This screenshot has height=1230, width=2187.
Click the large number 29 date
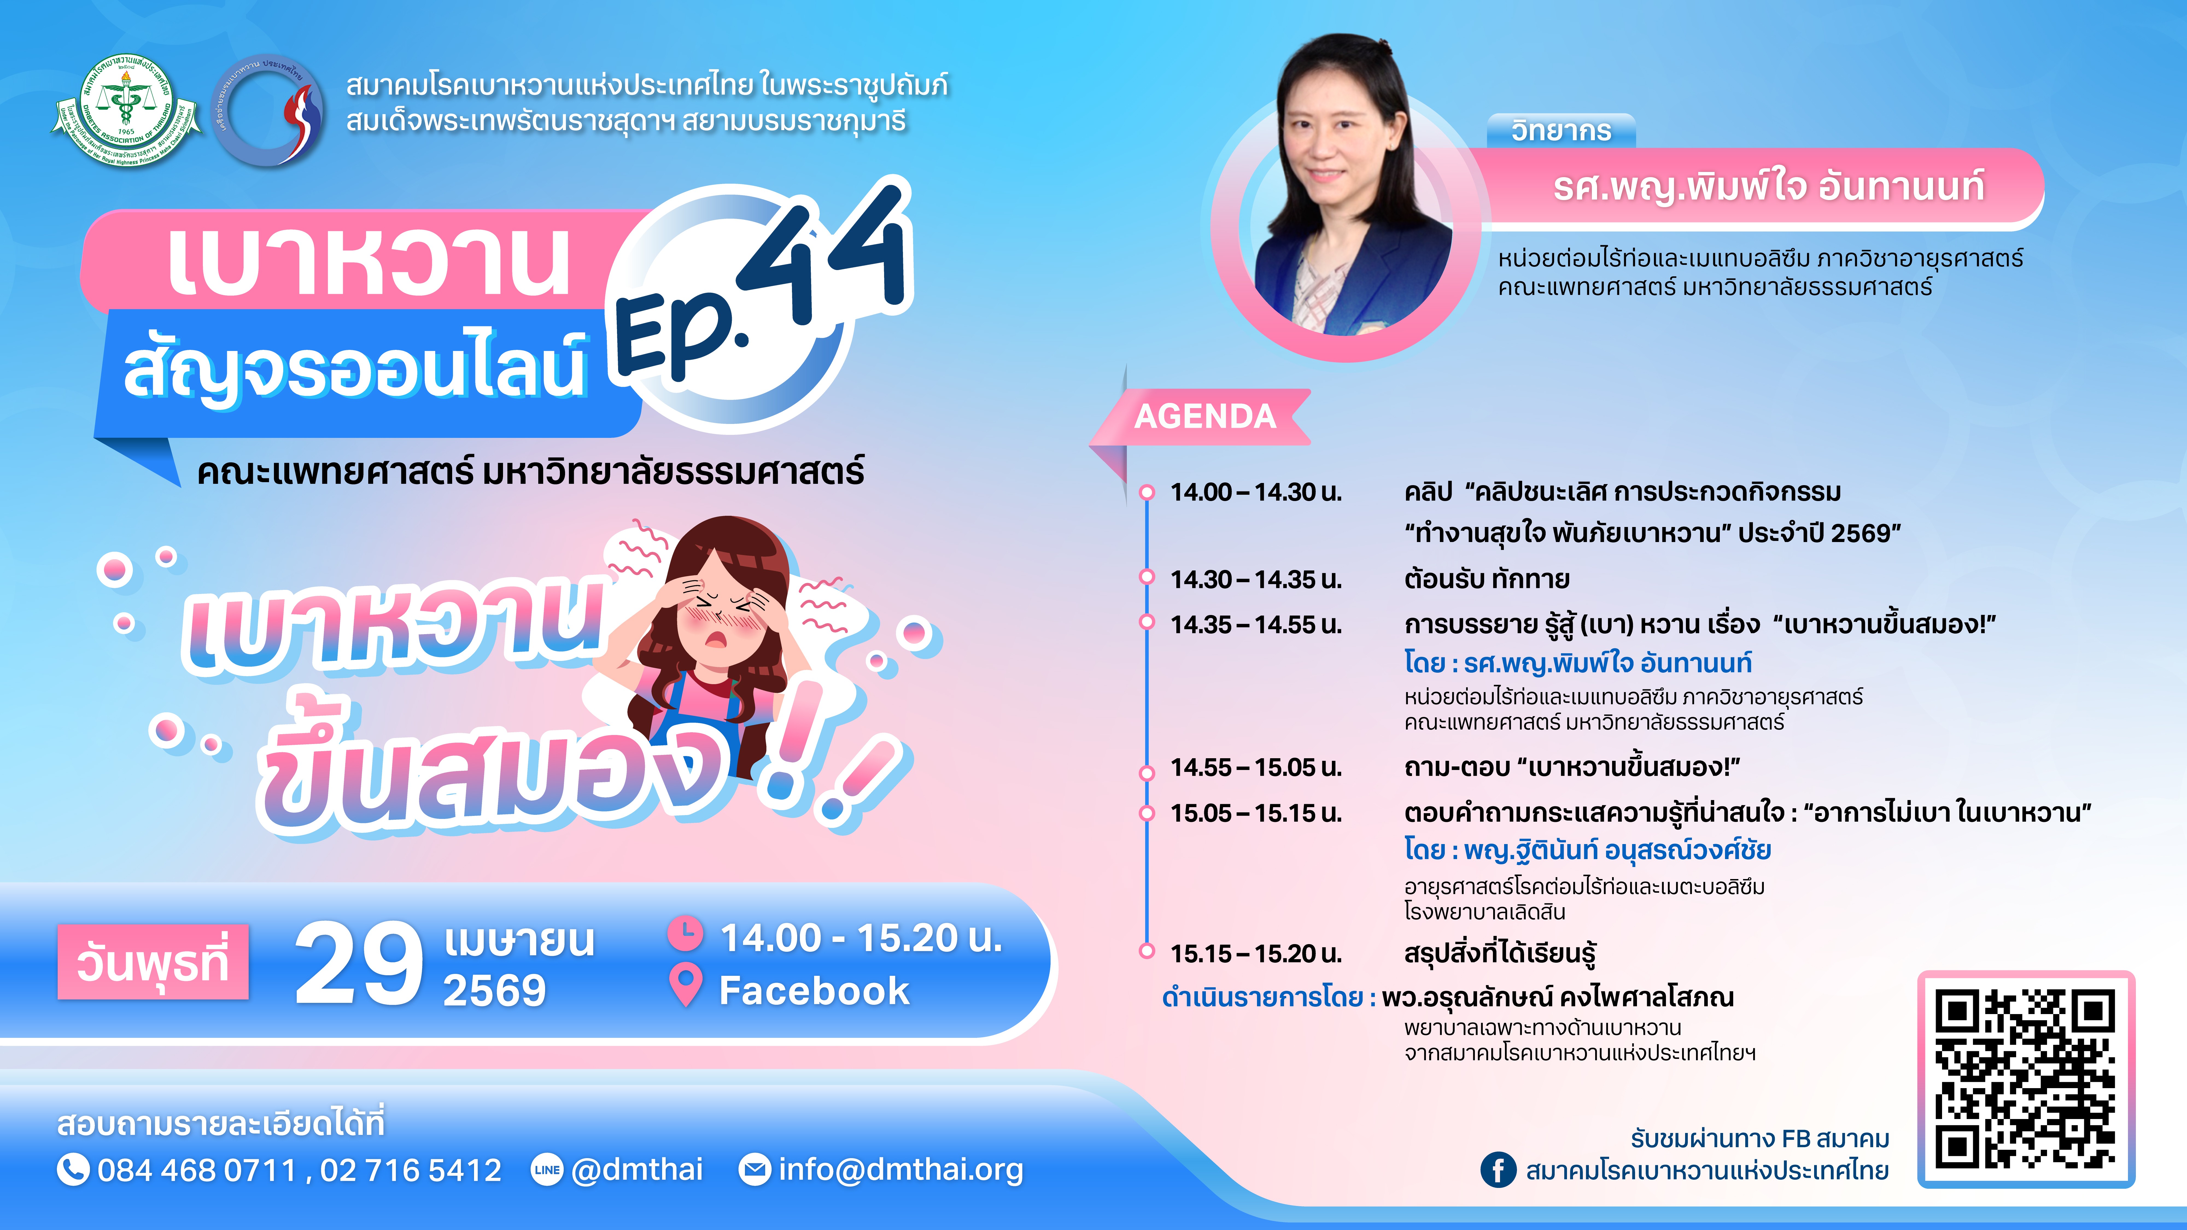(x=358, y=963)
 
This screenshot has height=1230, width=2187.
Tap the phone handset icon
(x=73, y=1170)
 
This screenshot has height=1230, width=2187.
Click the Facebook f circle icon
(x=1498, y=1170)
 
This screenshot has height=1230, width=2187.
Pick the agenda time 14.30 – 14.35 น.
(x=1256, y=580)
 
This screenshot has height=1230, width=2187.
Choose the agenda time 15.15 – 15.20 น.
(x=1256, y=954)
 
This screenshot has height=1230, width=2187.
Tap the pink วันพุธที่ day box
(x=153, y=962)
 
